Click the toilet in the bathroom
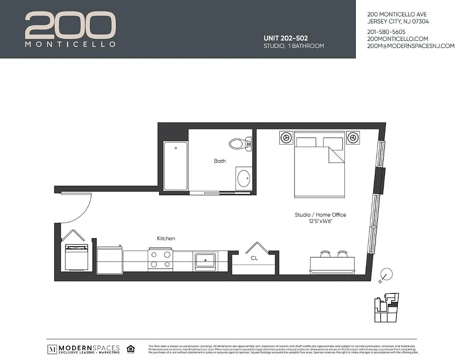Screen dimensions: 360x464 click(240, 144)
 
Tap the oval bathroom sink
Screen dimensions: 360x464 click(244, 179)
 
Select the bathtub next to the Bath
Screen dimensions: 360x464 click(175, 166)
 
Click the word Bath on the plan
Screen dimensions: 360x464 click(220, 161)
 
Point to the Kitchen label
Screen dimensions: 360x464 click(166, 238)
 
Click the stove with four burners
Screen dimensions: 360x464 click(160, 260)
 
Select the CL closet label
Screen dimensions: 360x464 click(254, 258)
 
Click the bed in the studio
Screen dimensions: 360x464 click(319, 166)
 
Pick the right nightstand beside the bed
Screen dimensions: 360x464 click(353, 137)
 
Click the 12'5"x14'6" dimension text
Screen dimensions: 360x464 click(320, 221)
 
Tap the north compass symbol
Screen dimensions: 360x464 click(386, 274)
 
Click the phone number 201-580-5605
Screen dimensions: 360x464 click(387, 32)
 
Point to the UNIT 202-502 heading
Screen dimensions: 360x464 click(286, 39)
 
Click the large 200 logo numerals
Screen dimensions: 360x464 click(70, 26)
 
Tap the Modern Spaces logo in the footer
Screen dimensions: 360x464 click(84, 349)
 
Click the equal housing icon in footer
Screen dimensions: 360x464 click(131, 349)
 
